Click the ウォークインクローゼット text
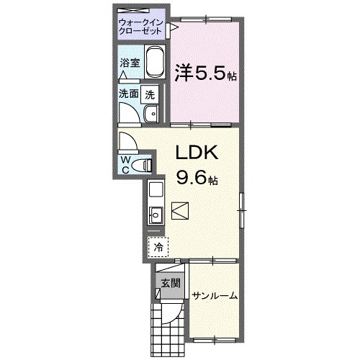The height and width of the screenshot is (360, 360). pos(142,27)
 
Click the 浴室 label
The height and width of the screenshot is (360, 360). pos(129,63)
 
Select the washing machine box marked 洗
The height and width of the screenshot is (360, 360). pos(150,93)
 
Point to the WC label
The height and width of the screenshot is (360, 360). pos(125,163)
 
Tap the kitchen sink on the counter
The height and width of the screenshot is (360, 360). pos(156,214)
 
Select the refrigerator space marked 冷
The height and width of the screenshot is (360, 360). pos(158,247)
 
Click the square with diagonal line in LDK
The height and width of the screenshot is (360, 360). pos(181,212)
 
